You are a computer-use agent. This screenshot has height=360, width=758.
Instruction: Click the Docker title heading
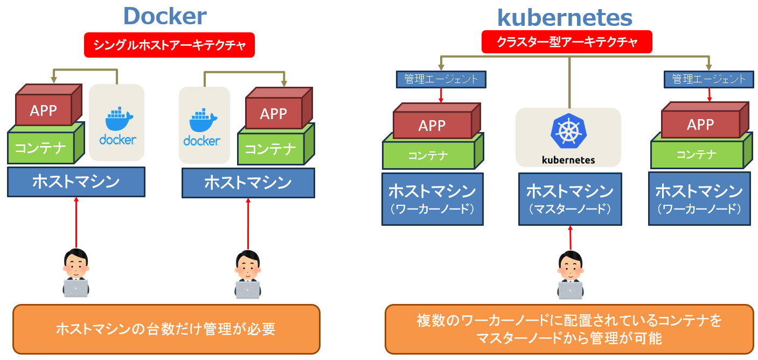[x=164, y=16]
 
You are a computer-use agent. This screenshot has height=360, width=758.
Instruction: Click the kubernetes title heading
[x=564, y=17]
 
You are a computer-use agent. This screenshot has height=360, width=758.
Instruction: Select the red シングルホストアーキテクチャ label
[x=169, y=45]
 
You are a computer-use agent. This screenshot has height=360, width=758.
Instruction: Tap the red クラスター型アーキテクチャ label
[x=566, y=42]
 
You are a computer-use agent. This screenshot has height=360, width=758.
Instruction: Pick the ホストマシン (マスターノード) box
[x=569, y=198]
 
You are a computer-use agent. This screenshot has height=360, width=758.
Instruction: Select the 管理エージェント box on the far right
[x=708, y=79]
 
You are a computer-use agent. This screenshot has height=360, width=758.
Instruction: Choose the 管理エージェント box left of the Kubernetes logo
[x=441, y=79]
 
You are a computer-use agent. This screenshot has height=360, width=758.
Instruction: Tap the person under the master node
[x=570, y=275]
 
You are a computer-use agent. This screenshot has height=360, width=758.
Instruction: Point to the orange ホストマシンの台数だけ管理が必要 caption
[x=166, y=329]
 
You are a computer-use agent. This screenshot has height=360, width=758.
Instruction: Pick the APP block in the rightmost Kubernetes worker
[x=700, y=124]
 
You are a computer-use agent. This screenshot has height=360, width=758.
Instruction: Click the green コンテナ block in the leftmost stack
[x=40, y=148]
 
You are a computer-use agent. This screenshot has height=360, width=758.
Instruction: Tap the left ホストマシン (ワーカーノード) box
[x=432, y=198]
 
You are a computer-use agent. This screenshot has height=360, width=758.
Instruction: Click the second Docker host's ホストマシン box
[x=248, y=183]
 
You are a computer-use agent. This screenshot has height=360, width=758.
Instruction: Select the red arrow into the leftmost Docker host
[x=76, y=222]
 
